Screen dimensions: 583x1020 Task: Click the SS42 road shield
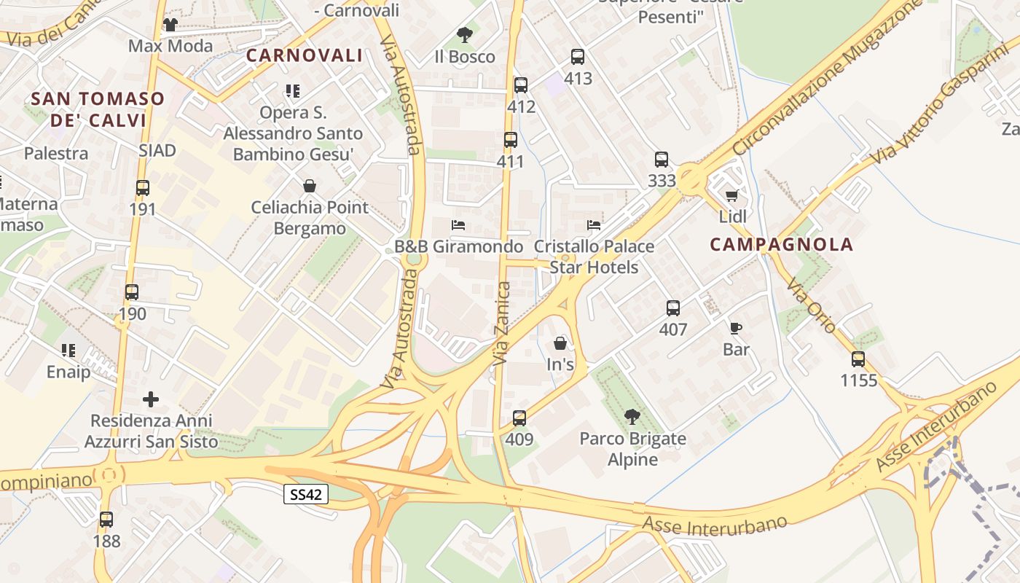point(306,495)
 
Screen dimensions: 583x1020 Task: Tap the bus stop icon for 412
point(521,85)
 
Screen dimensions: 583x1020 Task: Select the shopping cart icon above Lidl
point(732,195)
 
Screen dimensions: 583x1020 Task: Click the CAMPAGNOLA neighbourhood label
point(781,245)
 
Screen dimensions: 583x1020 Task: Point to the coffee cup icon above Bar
point(736,329)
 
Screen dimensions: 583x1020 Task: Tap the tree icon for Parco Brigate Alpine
point(632,417)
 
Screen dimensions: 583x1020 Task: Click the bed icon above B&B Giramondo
point(458,225)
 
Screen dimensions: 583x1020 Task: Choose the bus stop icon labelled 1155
point(858,359)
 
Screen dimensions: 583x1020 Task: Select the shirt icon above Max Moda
point(170,25)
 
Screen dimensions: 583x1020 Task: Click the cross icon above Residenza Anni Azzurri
point(151,399)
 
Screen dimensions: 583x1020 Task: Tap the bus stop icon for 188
point(106,520)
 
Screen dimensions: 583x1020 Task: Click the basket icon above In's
point(560,343)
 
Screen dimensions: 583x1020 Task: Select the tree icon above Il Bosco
point(464,34)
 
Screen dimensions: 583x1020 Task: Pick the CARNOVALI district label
point(305,55)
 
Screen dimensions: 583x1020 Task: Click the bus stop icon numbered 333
point(662,160)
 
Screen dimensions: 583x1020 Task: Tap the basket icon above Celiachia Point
point(310,186)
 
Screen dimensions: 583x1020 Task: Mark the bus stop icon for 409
point(519,418)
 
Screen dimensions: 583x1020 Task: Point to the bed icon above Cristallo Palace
point(595,225)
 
